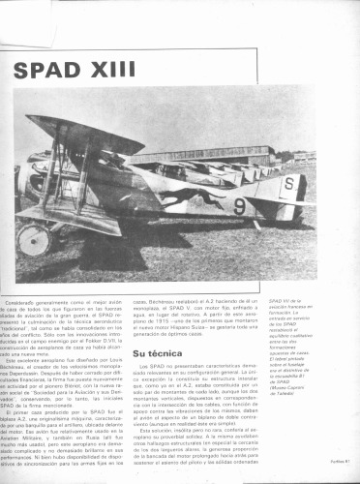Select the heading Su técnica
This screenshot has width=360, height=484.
pos(161,354)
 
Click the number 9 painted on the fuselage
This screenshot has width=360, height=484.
pos(240,206)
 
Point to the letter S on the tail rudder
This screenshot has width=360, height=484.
pos(287,183)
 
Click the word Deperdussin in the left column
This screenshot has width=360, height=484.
pos(39,379)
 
